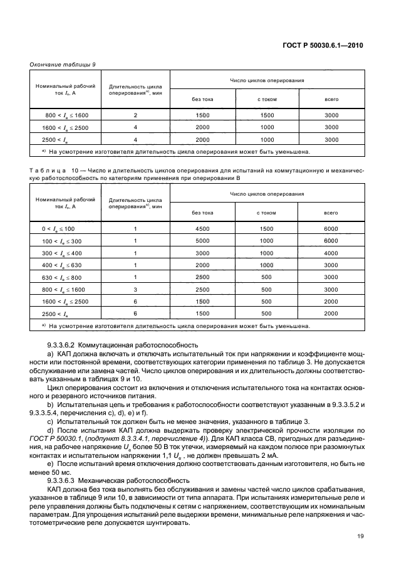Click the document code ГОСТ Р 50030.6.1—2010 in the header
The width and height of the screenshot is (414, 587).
click(321, 46)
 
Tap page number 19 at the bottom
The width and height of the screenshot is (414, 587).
click(360, 536)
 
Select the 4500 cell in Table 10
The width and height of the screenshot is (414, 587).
click(202, 230)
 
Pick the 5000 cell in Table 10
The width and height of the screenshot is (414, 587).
click(202, 241)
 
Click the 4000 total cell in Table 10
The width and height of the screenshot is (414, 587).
click(331, 253)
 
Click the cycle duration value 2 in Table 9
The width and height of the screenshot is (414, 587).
click(135, 115)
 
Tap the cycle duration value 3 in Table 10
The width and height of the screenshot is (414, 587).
click(135, 289)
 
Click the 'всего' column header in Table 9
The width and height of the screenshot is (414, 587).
click(331, 98)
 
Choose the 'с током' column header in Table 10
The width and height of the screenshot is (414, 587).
click(267, 213)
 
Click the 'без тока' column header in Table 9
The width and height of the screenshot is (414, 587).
click(202, 98)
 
